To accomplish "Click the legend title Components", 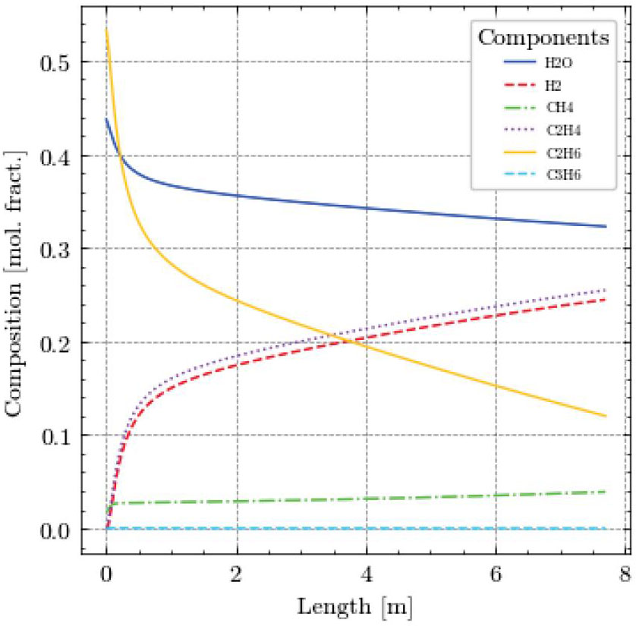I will point(541,37).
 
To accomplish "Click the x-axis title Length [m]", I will point(356,606).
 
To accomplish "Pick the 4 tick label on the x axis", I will point(367,573).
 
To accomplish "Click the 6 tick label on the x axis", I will point(496,573).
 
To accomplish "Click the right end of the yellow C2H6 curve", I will point(606,416).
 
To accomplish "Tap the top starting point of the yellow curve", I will point(106,29).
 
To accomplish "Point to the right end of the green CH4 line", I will point(606,492).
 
